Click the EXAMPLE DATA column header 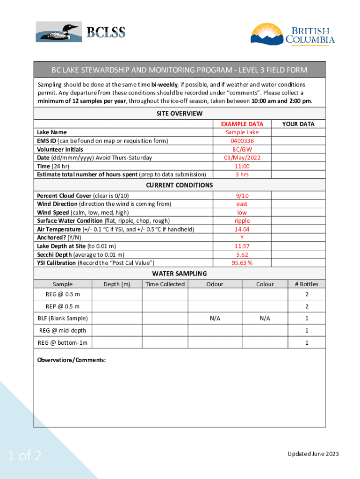242,124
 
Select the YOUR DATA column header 298,124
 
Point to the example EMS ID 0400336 242,141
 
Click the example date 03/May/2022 242,158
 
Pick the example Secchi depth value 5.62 242,254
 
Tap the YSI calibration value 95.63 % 242,263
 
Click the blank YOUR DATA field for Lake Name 298,132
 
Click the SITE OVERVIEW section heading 179,114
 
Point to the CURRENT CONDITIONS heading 179,185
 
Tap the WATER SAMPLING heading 179,274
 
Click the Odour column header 215,284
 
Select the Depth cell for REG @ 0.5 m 117,295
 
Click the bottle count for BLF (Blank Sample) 306,318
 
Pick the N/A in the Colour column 265,318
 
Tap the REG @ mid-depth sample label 62,330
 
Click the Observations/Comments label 72,360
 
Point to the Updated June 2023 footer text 313,454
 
